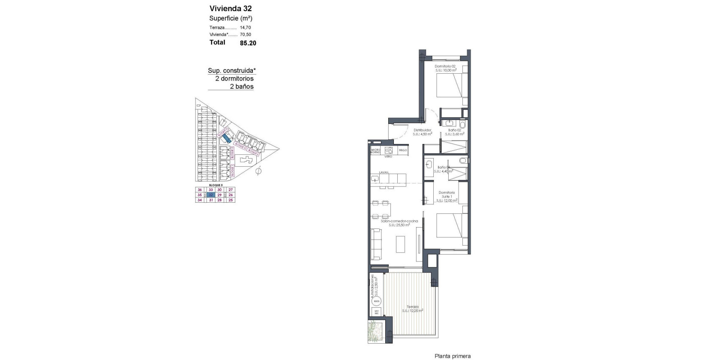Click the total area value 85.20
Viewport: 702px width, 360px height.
click(248, 43)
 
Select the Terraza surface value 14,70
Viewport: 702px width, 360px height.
click(246, 27)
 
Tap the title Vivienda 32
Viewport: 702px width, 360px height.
click(231, 9)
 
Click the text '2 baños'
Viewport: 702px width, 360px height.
click(242, 87)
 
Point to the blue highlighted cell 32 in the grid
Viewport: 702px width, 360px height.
click(210, 195)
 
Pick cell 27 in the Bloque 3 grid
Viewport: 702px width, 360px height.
click(231, 189)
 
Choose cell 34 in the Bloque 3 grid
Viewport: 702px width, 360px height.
click(199, 200)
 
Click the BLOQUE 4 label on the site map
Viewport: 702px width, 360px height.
click(240, 146)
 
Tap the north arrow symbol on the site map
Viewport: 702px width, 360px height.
click(258, 171)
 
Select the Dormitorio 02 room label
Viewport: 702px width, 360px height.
click(445, 66)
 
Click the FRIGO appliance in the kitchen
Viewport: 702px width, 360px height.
click(402, 150)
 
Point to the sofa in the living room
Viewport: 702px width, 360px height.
click(376, 244)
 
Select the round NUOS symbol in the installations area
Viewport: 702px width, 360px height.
click(377, 301)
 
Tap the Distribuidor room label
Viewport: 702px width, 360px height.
click(422, 130)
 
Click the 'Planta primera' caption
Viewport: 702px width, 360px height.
click(453, 356)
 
